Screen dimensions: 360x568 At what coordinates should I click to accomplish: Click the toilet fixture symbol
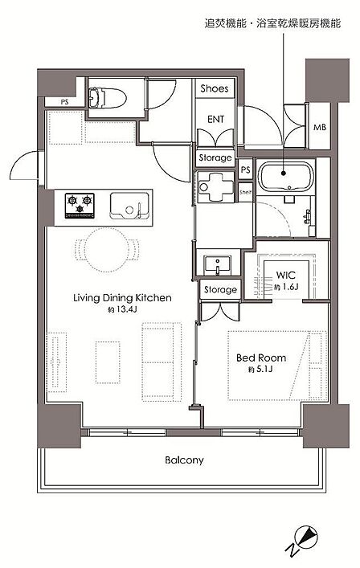107,97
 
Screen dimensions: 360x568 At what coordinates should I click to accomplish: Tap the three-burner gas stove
80,206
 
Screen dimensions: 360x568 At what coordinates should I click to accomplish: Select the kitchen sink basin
129,206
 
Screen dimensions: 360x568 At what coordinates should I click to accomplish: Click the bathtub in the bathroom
285,176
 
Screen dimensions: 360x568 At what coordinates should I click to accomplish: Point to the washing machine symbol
215,187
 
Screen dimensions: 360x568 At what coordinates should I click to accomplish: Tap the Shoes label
215,88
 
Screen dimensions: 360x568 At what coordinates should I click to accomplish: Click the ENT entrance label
215,119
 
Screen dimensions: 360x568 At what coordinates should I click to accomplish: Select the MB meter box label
320,127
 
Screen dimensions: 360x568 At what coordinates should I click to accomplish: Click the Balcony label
184,460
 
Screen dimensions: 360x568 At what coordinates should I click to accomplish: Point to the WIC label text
286,275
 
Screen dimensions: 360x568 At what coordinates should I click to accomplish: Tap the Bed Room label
261,358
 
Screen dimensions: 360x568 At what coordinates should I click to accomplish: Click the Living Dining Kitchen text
122,298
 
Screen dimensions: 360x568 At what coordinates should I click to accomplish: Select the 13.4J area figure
122,310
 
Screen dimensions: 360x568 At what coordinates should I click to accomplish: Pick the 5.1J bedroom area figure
260,370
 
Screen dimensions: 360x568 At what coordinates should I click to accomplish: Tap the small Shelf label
245,192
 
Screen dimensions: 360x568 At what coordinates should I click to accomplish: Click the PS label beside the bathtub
246,170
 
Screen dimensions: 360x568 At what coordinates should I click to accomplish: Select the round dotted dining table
106,250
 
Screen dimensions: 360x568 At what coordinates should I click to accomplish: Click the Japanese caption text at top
272,24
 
